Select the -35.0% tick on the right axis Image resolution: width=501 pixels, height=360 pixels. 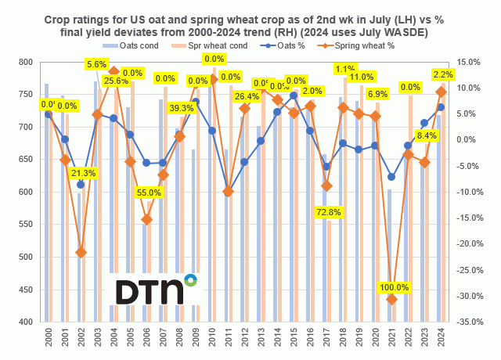point(474,322)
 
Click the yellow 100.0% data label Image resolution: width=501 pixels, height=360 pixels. point(392,288)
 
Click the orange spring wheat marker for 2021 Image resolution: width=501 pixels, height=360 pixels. point(392,300)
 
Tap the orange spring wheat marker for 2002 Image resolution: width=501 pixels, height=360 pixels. point(81,252)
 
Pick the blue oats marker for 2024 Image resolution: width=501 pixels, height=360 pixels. point(442,107)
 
